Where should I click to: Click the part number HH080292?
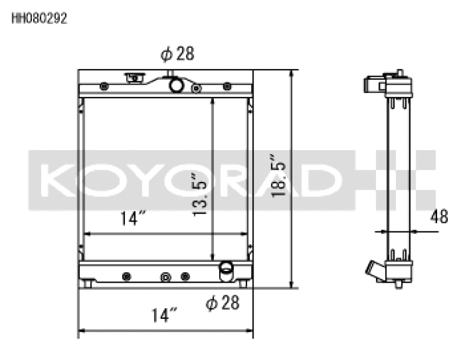click(40, 19)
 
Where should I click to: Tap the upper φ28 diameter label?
click(177, 54)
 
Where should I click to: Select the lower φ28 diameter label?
click(222, 303)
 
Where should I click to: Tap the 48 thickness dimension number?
click(439, 218)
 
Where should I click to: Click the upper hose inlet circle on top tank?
click(176, 85)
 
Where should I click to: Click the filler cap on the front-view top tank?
click(134, 77)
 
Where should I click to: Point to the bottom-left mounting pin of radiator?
click(88, 284)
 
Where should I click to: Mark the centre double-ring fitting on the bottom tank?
click(166, 276)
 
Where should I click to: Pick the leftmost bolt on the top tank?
click(103, 87)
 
